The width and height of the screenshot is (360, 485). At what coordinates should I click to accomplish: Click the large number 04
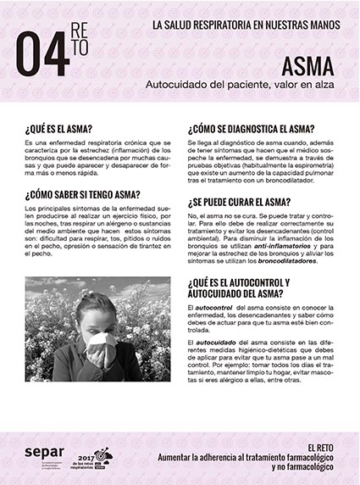42,55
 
